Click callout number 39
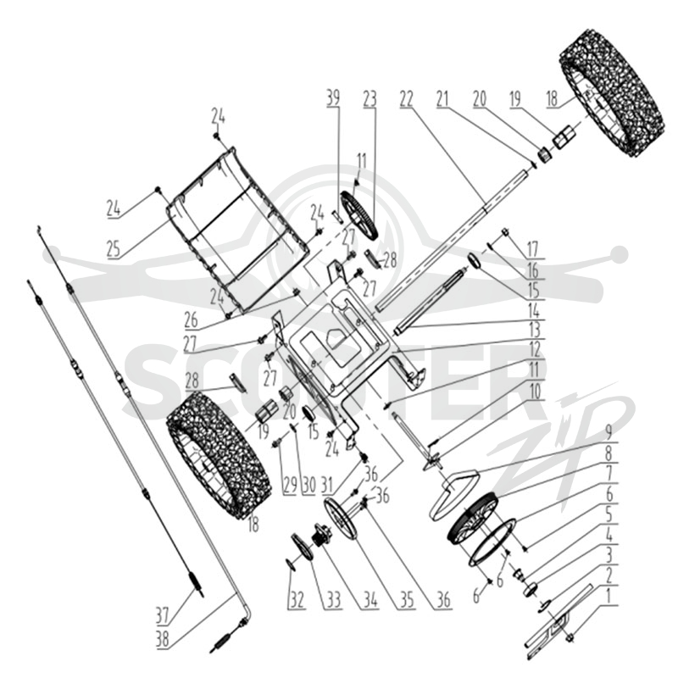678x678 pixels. click(333, 98)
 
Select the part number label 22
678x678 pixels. click(407, 99)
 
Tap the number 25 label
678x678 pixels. click(114, 249)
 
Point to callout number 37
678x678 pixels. click(162, 615)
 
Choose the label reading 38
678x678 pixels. click(162, 639)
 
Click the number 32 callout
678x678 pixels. click(297, 600)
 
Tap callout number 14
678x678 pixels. click(534, 310)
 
